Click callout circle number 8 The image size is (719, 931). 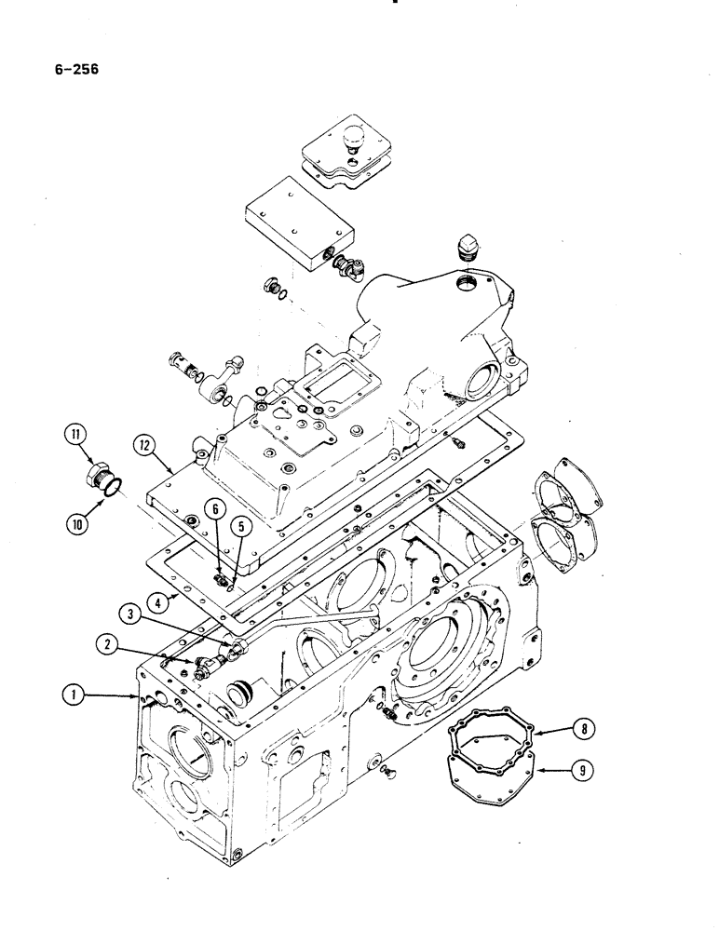coord(580,730)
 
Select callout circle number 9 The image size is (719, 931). coord(580,769)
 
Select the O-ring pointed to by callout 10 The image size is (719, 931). coord(111,487)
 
